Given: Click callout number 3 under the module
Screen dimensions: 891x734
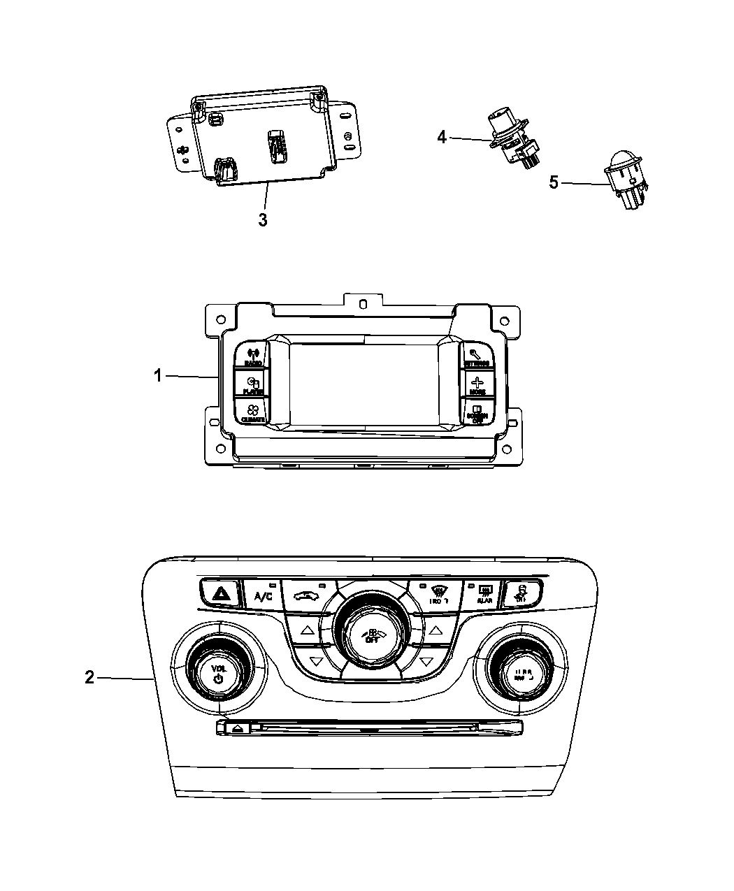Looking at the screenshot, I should coord(263,219).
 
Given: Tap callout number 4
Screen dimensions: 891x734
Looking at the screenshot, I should coord(441,137).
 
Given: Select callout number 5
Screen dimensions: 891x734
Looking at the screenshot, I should coord(554,183).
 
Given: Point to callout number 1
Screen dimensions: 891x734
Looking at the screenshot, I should coord(158,376).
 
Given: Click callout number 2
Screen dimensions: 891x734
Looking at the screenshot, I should coord(89,677).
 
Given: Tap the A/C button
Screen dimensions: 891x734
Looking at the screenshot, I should coord(263,595).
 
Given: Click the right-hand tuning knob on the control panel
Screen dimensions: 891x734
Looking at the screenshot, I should coord(520,672).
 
